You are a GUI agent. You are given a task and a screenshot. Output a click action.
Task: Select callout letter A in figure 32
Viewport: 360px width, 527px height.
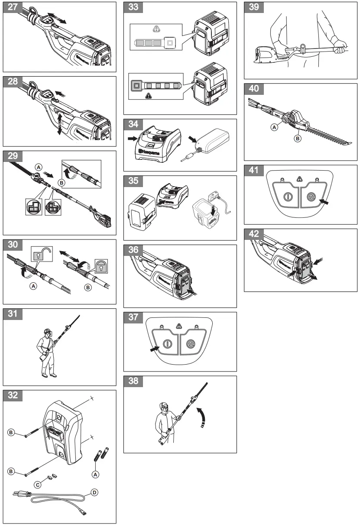96,475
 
